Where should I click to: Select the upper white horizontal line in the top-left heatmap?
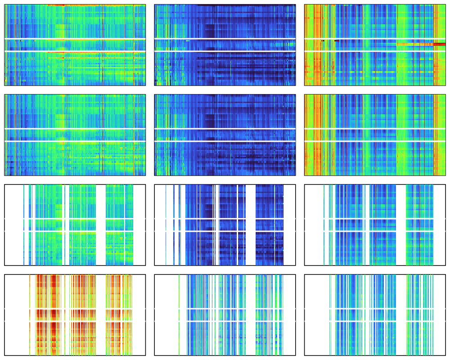tap(75, 39)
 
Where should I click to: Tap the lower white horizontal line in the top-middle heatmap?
tap(225, 51)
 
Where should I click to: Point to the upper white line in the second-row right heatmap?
tap(375, 129)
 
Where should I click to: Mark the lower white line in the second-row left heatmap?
tap(75, 141)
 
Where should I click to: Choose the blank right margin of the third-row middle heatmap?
tap(289, 225)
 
